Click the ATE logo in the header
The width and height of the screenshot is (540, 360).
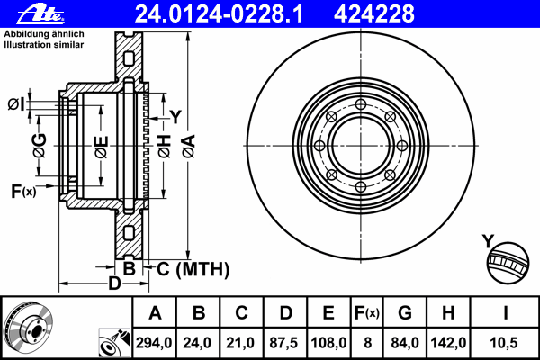(x=40, y=14)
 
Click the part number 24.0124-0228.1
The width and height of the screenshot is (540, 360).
(x=219, y=14)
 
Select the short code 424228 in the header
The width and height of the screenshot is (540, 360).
(x=374, y=14)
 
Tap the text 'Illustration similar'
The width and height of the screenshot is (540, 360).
(x=44, y=45)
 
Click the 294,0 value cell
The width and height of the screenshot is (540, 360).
(x=154, y=343)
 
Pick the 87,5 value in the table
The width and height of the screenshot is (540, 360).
(x=284, y=343)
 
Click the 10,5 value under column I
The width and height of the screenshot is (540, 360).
(x=504, y=343)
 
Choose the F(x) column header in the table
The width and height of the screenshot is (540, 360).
(x=367, y=313)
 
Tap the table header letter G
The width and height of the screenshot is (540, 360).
(x=405, y=313)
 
